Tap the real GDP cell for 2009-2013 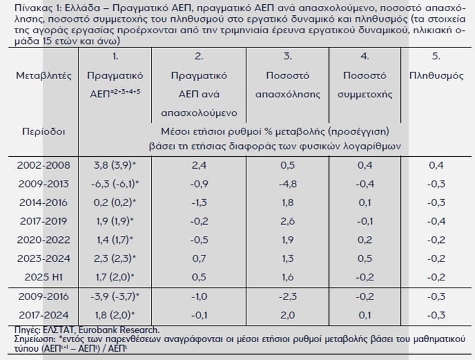(x=115, y=184)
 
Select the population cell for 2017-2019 (x=437, y=221)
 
